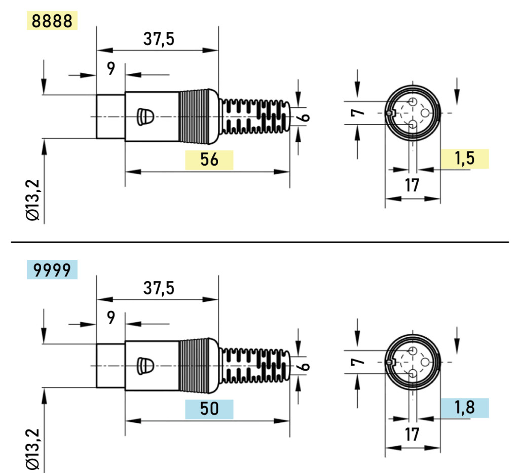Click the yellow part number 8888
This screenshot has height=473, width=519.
point(52,21)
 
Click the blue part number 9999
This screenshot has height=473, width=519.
point(52,270)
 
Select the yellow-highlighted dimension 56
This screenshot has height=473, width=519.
point(209,160)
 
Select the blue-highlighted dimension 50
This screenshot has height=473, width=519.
point(209,409)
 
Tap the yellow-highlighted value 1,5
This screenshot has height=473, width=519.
point(464,159)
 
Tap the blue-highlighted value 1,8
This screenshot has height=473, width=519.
point(464,408)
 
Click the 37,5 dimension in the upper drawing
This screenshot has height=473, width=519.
point(158,39)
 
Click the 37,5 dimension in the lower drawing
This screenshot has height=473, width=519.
point(158,288)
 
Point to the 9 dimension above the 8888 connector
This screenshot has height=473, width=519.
point(111,69)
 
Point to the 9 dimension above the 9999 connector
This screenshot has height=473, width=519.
point(111,318)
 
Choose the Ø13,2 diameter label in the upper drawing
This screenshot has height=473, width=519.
point(34,201)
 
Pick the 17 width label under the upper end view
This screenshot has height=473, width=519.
point(413,185)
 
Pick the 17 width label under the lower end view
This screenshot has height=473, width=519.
point(413,434)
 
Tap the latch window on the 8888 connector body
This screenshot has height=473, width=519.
point(145,116)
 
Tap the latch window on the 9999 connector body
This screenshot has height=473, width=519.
point(145,366)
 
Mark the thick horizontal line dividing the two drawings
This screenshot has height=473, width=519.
point(259,242)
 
